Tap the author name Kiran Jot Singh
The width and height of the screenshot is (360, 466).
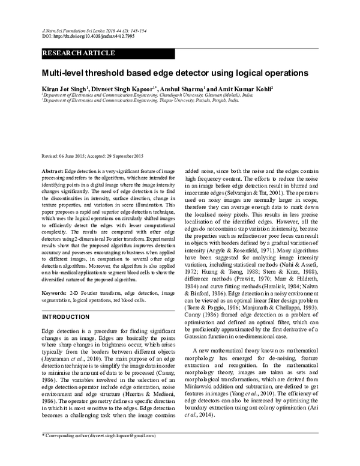pos(64,89)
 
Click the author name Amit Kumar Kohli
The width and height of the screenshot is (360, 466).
pos(242,89)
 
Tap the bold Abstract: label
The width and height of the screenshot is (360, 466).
pos(52,172)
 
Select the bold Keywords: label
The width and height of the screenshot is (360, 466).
pos(54,292)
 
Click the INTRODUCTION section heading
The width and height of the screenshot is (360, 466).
pos(66,316)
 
